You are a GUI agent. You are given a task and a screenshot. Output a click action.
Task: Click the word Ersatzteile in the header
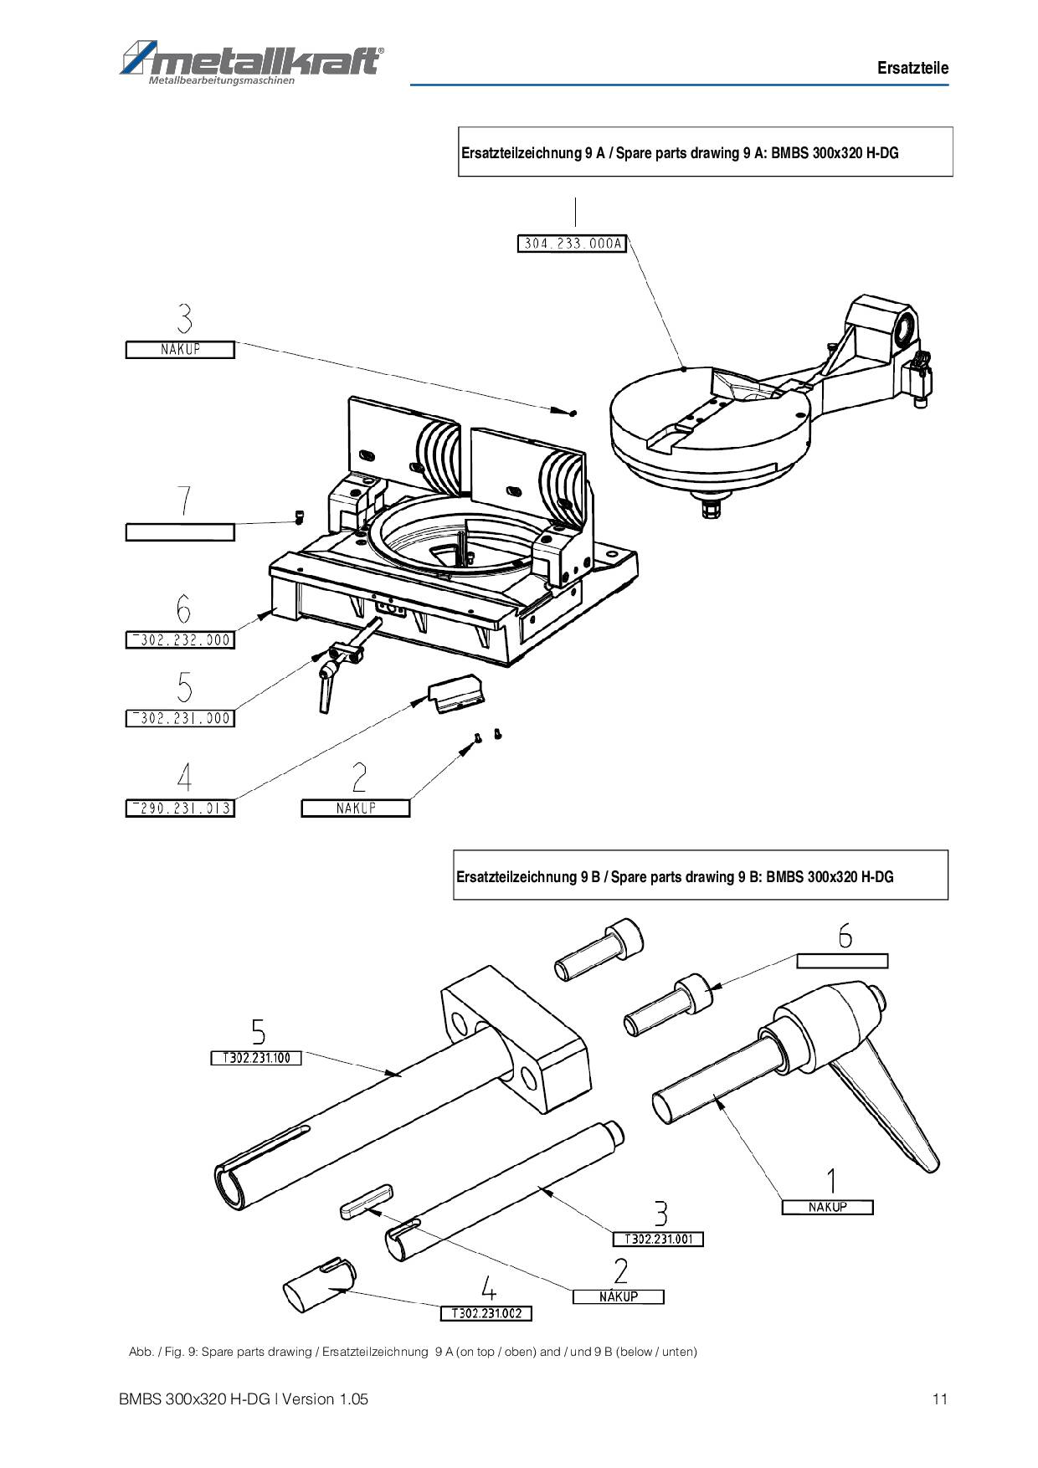(913, 68)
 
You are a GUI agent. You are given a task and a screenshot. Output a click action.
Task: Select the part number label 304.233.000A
(573, 244)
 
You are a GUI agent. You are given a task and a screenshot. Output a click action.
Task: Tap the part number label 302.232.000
(180, 640)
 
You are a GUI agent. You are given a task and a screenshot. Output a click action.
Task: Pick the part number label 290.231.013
(180, 808)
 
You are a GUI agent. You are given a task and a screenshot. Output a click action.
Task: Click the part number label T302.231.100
(255, 1058)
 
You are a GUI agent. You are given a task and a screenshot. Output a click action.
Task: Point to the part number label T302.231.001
(658, 1239)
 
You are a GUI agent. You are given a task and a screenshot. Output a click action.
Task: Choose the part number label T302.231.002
(486, 1313)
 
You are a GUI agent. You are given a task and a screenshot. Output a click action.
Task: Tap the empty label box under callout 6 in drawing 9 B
(842, 961)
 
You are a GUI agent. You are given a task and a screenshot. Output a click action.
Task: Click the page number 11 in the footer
(940, 1399)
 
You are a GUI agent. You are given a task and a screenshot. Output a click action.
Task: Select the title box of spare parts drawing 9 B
(701, 875)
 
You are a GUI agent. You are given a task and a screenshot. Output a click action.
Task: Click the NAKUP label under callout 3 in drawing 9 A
(180, 350)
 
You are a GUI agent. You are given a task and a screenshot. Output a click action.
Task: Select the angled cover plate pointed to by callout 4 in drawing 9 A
(457, 694)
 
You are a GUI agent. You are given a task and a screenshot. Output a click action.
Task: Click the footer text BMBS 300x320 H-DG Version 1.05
(244, 1399)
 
